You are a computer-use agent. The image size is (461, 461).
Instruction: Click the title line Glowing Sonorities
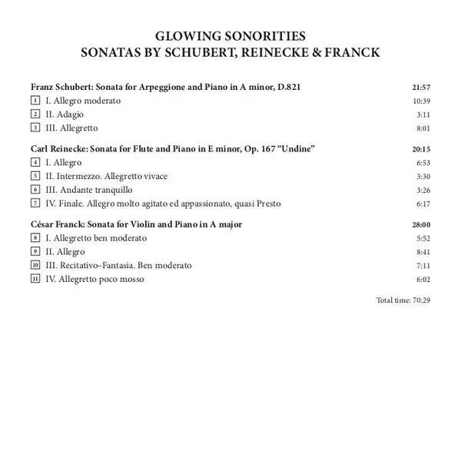(x=230, y=36)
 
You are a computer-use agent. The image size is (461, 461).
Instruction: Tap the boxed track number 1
(x=35, y=101)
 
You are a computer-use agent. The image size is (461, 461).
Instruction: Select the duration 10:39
(x=421, y=101)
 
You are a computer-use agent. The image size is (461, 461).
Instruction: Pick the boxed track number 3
(x=35, y=128)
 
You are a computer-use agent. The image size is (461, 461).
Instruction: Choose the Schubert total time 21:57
(x=421, y=88)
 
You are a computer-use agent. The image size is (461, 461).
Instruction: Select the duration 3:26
(x=423, y=190)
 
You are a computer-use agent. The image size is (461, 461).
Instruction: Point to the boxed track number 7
(x=35, y=204)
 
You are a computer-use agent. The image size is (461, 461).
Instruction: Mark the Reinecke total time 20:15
(x=421, y=148)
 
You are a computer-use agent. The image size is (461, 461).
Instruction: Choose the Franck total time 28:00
(x=421, y=224)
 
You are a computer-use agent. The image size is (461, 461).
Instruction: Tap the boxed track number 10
(x=35, y=265)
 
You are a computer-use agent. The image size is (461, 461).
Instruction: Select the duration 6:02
(x=423, y=279)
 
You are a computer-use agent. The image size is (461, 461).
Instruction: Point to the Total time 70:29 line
(x=403, y=300)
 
